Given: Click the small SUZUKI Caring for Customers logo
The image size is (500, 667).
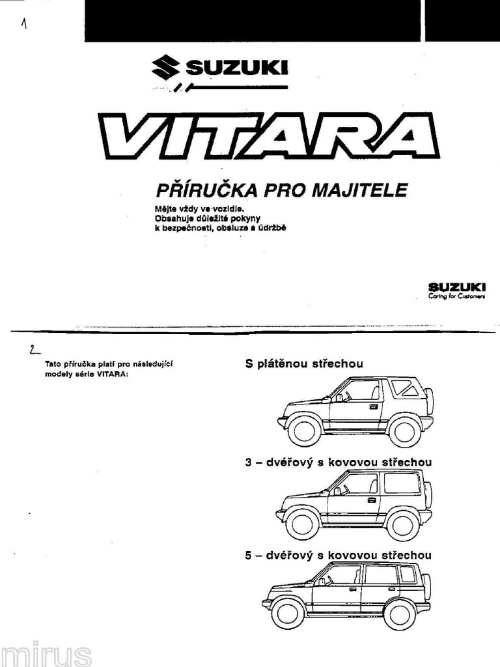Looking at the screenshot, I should coord(456,290).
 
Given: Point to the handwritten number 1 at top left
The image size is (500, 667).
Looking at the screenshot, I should coord(24,24).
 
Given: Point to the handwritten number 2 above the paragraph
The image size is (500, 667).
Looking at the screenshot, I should coord(33,350).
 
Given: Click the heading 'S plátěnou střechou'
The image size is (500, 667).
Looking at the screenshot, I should coord(304,363).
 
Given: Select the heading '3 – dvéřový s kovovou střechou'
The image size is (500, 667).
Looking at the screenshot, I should coord(338,462).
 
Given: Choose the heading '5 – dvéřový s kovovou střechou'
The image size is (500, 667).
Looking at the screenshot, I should coord(338,555).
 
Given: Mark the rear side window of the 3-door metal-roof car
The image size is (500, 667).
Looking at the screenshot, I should coord(402,483).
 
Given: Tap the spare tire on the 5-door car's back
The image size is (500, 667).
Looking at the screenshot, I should coord(427,586).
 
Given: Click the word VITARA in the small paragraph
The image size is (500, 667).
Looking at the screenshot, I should coord(109,374).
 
